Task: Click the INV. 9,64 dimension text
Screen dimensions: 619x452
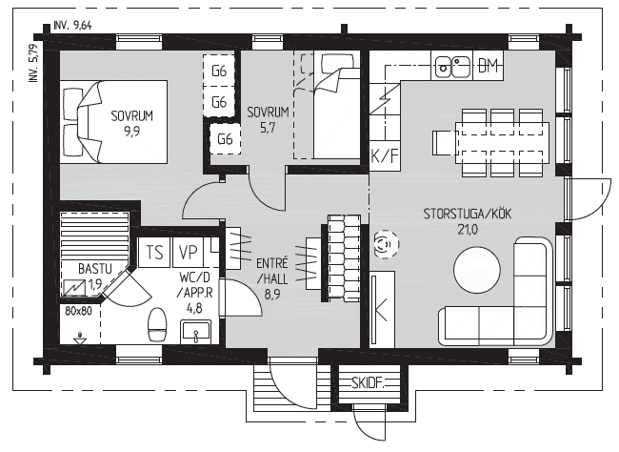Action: point(73,26)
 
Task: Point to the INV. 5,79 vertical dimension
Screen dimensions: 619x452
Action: point(34,63)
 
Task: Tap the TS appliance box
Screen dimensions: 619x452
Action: point(154,252)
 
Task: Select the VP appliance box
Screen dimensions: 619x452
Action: point(188,252)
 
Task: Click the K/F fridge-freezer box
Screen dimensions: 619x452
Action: point(385,156)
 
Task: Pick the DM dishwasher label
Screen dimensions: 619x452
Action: point(488,66)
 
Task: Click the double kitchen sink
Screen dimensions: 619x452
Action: point(452,67)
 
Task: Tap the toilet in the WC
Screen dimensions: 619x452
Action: point(157,325)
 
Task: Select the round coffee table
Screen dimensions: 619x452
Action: point(477,270)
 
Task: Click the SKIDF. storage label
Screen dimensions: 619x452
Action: point(368,382)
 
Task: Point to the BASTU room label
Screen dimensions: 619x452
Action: point(95,269)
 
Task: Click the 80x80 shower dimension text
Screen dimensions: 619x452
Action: point(78,311)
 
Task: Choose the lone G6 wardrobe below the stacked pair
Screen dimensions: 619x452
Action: point(225,139)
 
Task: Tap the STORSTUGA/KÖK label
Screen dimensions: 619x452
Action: point(468,214)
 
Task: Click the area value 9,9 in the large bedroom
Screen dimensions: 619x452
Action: point(131,131)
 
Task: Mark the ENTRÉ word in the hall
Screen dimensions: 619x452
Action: point(272,262)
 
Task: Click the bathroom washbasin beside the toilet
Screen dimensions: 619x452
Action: point(196,332)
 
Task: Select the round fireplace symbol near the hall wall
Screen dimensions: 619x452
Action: point(386,244)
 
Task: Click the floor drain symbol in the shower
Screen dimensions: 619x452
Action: point(80,339)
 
